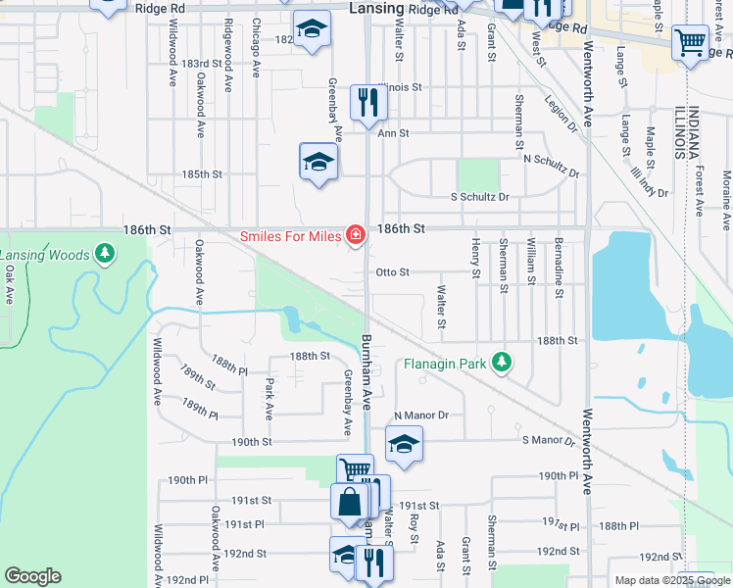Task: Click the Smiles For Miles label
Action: [x=290, y=236]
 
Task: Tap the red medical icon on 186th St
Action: [x=354, y=235]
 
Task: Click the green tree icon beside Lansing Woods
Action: [x=104, y=256]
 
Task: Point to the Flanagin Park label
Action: [x=446, y=364]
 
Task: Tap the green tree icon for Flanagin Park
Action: [x=502, y=364]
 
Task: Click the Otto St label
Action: [x=392, y=271]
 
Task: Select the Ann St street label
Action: [x=392, y=132]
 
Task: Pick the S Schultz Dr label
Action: [x=479, y=197]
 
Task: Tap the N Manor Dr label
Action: [x=420, y=416]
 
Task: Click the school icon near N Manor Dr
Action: [x=404, y=444]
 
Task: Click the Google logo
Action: [x=32, y=576]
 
